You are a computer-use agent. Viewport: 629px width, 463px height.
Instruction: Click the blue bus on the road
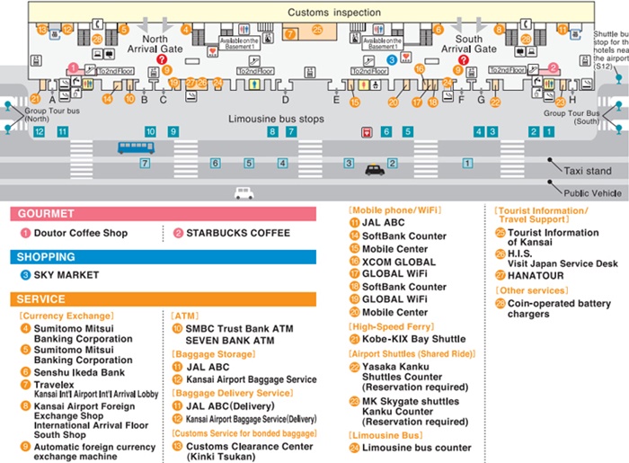coord(136,147)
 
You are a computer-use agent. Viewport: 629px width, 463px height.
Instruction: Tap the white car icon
coord(244,192)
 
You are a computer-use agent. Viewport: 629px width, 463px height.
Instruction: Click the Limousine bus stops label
coord(275,119)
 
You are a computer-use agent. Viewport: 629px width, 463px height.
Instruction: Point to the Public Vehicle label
coord(593,192)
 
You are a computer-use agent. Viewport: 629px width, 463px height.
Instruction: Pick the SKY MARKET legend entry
coord(66,275)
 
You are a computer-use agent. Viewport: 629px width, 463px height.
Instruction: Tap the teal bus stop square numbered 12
coord(39,131)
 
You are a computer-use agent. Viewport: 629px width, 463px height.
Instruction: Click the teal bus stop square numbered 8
coord(272,131)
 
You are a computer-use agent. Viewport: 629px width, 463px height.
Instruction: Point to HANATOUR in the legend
coord(536,275)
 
